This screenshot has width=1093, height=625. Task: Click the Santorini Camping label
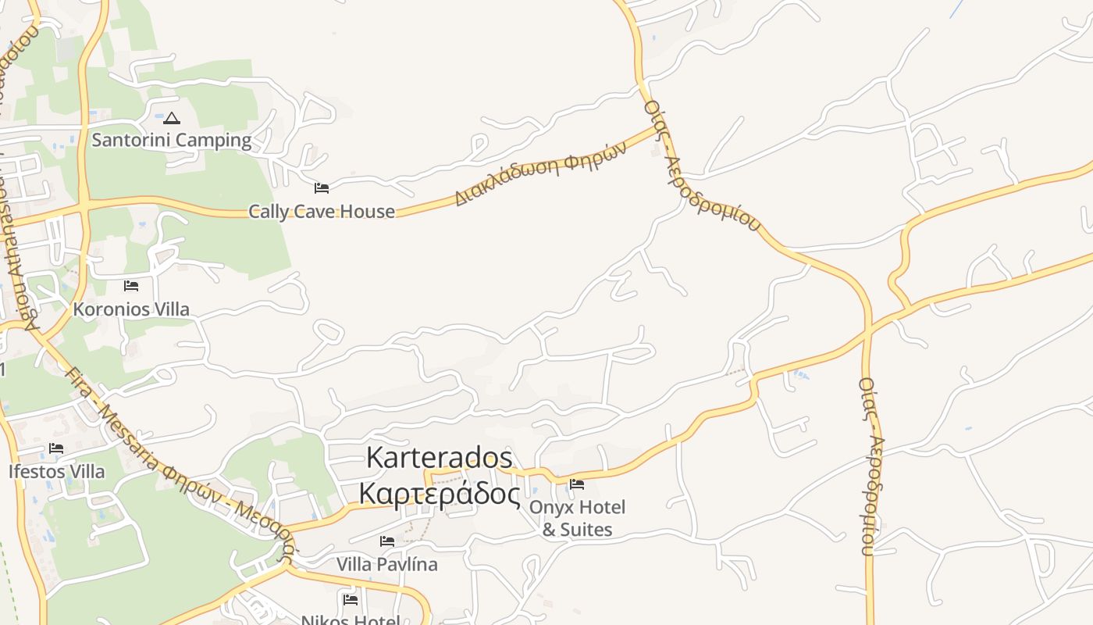[172, 141]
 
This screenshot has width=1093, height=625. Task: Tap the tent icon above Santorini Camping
[172, 119]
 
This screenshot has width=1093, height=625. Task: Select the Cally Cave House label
[322, 212]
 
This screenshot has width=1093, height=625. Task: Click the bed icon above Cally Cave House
[322, 188]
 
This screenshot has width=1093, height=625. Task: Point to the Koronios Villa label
[131, 309]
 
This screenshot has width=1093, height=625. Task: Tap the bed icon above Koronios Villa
[131, 286]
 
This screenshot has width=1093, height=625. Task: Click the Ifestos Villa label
[56, 472]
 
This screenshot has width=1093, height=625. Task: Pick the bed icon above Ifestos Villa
[56, 448]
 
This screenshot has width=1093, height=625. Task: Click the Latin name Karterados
[440, 458]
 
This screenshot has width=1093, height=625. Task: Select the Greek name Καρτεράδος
[440, 494]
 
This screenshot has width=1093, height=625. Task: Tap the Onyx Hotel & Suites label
[578, 518]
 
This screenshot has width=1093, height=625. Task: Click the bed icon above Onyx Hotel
[577, 484]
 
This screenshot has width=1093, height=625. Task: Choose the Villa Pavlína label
[387, 564]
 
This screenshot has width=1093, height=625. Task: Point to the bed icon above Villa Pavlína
[387, 541]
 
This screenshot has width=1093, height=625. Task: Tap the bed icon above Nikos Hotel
[351, 599]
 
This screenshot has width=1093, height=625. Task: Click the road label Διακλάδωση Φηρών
[540, 173]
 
